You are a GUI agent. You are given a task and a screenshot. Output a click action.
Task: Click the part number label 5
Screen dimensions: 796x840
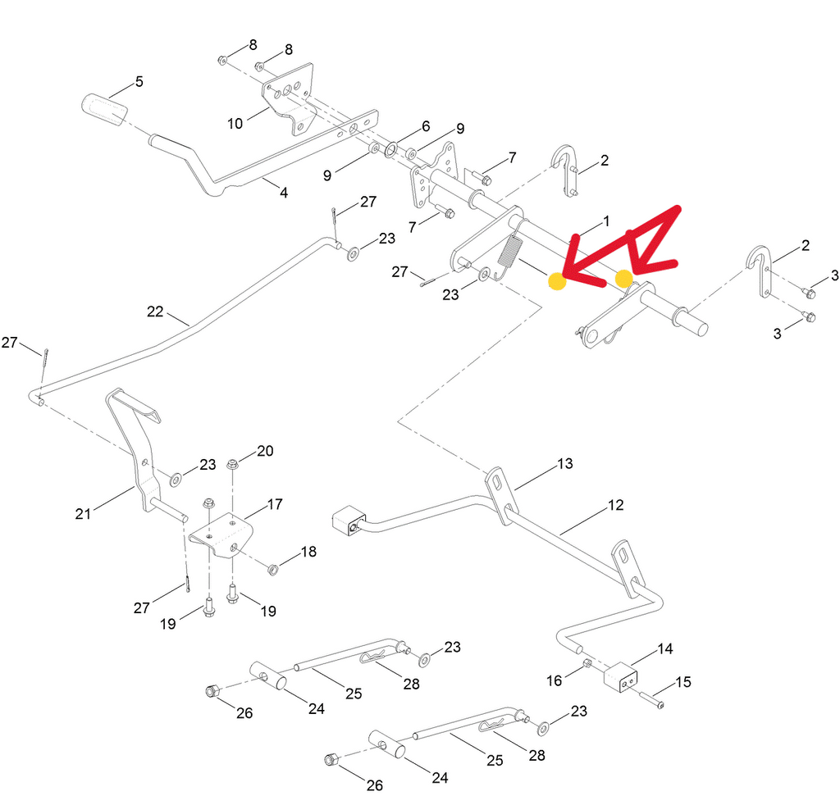tap(139, 82)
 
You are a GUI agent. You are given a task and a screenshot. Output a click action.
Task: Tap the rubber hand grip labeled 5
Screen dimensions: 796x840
tap(104, 110)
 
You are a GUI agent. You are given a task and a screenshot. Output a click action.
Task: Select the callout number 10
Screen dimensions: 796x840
tap(235, 124)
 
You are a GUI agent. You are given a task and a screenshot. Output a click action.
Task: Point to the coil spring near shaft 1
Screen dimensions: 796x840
tap(509, 252)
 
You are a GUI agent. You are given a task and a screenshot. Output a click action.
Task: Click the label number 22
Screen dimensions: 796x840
tap(156, 312)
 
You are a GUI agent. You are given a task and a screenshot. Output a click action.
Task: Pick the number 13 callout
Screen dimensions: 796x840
tap(564, 464)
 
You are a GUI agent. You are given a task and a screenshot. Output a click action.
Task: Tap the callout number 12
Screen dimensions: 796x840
tap(615, 505)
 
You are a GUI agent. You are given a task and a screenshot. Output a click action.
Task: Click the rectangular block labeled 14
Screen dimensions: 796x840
tap(622, 678)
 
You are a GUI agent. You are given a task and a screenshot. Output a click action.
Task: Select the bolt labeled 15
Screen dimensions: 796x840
tap(650, 698)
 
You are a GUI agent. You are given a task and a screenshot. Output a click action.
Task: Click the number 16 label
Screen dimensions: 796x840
tap(555, 680)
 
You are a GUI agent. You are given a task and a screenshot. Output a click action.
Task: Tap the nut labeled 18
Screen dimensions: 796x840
tap(274, 567)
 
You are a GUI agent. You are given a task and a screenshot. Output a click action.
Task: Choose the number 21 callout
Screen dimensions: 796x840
tap(83, 514)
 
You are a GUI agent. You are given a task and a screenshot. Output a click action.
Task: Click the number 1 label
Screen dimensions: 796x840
tap(606, 221)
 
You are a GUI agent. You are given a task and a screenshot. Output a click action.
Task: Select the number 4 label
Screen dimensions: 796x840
tap(284, 193)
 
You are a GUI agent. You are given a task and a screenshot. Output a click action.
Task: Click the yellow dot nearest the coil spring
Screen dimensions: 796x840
tap(556, 282)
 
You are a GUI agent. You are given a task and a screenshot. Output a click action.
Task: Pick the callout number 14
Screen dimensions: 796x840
tap(664, 648)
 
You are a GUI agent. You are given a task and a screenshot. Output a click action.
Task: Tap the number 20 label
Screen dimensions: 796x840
tap(265, 451)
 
